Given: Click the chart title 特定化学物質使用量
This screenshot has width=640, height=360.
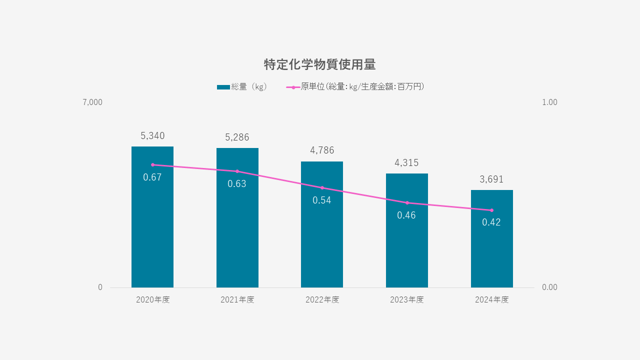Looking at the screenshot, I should pyautogui.click(x=319, y=64).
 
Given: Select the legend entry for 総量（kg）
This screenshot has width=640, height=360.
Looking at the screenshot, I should pyautogui.click(x=242, y=87).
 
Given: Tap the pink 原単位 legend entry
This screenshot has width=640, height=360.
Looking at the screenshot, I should pyautogui.click(x=356, y=87).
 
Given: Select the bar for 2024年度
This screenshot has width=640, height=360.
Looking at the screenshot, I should pyautogui.click(x=491, y=250).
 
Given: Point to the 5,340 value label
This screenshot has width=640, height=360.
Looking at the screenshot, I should pyautogui.click(x=152, y=136).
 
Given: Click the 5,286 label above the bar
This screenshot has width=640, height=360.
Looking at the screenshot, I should pyautogui.click(x=237, y=137).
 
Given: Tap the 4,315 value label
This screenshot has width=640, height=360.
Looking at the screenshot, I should pyautogui.click(x=406, y=163).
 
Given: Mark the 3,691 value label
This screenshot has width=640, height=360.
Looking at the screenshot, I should pyautogui.click(x=491, y=179).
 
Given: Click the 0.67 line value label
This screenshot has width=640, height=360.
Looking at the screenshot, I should pyautogui.click(x=152, y=177).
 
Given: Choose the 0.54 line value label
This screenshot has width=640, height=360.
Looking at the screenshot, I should pyautogui.click(x=322, y=200).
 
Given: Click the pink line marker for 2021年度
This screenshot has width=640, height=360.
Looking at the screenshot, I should pyautogui.click(x=237, y=171).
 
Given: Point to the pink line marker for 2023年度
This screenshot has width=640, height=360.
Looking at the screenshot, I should pyautogui.click(x=407, y=203).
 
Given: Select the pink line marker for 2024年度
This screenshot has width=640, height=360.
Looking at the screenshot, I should pyautogui.click(x=491, y=210).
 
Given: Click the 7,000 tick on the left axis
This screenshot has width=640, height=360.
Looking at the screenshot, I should pyautogui.click(x=92, y=102).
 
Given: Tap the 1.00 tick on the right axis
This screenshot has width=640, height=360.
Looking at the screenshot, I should pyautogui.click(x=549, y=102).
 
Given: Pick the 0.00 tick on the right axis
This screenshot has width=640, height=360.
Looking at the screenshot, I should pyautogui.click(x=549, y=287).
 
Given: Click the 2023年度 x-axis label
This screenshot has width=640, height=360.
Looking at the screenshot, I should pyautogui.click(x=407, y=300).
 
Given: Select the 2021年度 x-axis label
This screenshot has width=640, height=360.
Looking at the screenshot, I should pyautogui.click(x=237, y=300).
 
